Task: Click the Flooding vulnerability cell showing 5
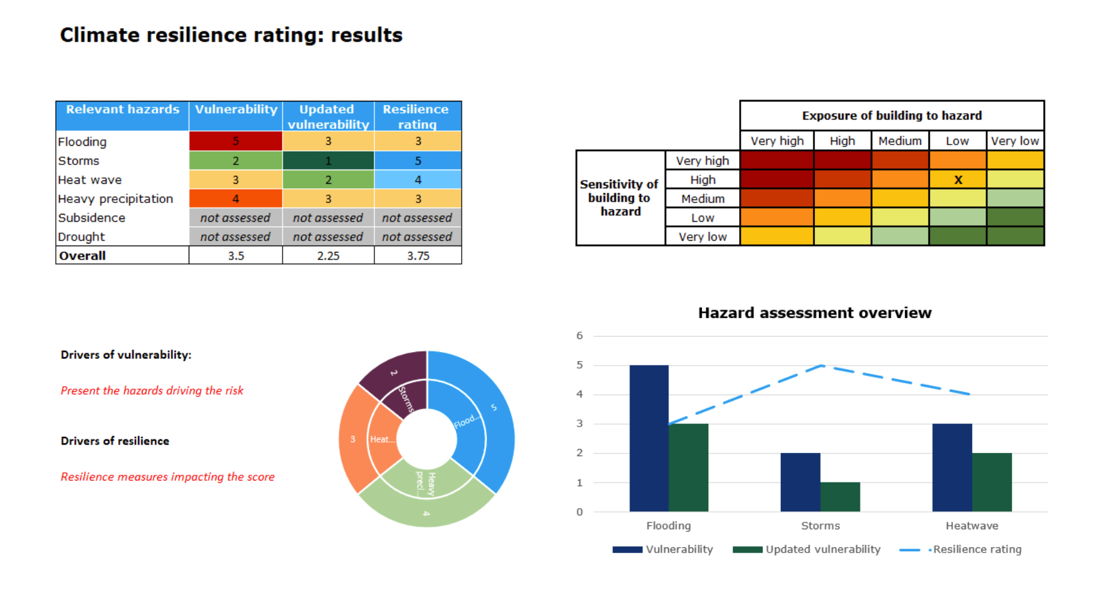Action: [236, 141]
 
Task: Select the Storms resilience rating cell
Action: [417, 161]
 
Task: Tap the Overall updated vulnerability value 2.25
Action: [328, 256]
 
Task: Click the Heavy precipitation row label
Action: [116, 199]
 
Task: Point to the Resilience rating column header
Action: [417, 116]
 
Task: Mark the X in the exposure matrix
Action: [958, 180]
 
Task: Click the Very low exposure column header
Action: [1015, 141]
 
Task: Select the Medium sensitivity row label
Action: [703, 199]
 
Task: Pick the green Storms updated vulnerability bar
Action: [840, 497]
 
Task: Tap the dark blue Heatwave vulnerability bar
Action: [952, 467]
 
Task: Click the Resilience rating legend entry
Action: [961, 549]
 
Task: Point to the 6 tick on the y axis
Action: [580, 335]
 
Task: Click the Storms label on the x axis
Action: [820, 525]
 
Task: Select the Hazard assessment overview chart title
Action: [814, 313]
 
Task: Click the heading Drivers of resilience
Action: [115, 441]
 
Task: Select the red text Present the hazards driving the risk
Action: [152, 391]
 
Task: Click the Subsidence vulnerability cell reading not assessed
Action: [235, 218]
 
